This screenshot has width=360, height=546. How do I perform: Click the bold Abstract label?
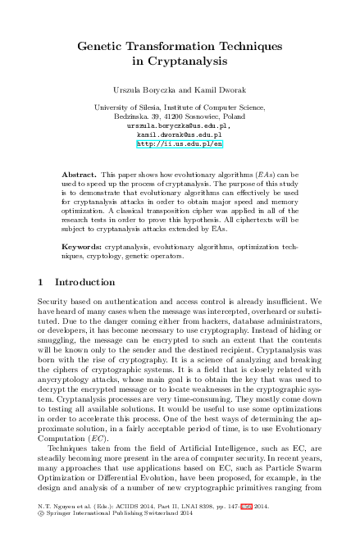tap(79, 175)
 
